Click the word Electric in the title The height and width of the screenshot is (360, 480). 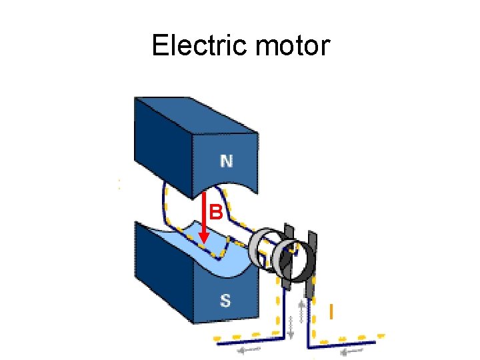pyautogui.click(x=195, y=46)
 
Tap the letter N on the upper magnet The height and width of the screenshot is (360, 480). pyautogui.click(x=227, y=161)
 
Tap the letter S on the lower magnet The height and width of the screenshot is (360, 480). pyautogui.click(x=225, y=301)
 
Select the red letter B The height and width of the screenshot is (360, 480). pyautogui.click(x=215, y=213)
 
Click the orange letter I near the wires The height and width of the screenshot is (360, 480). pyautogui.click(x=331, y=311)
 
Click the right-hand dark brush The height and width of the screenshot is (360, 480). pyautogui.click(x=311, y=263)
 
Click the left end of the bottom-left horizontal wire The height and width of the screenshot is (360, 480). pyautogui.click(x=215, y=340)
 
